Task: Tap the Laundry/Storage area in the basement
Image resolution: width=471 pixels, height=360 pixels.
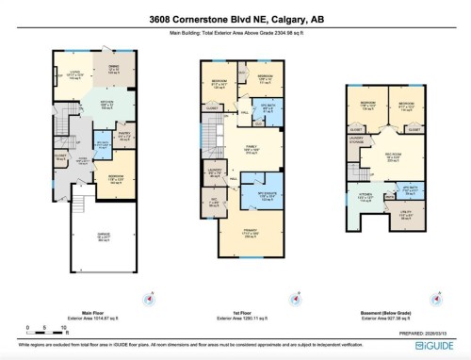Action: (x=356, y=143)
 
